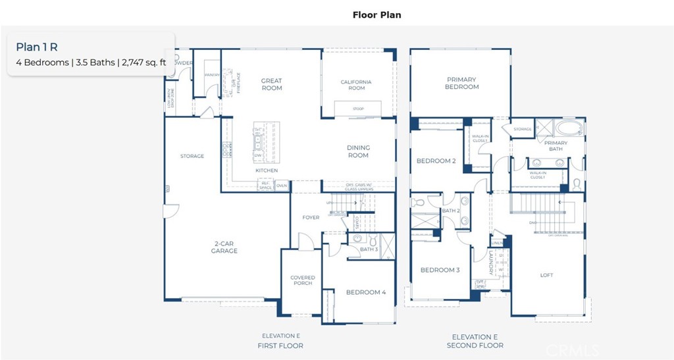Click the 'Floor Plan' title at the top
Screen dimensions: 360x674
[376, 14]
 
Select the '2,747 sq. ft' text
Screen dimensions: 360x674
[144, 63]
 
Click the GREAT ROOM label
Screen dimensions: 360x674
[271, 84]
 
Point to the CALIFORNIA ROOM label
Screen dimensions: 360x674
[356, 85]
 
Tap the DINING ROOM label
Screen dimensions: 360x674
[358, 151]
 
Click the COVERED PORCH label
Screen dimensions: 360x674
[302, 281]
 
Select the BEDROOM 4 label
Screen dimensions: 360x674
[366, 292]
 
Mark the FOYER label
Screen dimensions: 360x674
[311, 218]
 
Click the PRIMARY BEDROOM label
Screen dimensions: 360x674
[461, 83]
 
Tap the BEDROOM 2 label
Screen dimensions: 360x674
[436, 161]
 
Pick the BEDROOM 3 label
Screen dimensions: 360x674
[440, 270]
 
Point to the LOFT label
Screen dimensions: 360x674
[546, 275]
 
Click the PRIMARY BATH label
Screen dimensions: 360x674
[556, 146]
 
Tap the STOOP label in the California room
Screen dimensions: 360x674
[357, 109]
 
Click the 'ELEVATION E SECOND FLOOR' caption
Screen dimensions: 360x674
[475, 341]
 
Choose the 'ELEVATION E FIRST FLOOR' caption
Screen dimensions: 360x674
[281, 341]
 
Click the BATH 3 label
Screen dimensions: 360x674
[369, 249]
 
